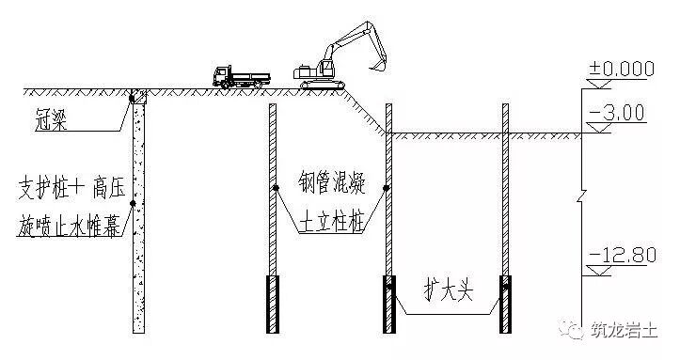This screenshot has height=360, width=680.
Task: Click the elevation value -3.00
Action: [615, 114]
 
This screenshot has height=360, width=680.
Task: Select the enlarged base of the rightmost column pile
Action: [506, 304]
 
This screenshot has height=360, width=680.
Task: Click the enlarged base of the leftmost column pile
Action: [273, 304]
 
